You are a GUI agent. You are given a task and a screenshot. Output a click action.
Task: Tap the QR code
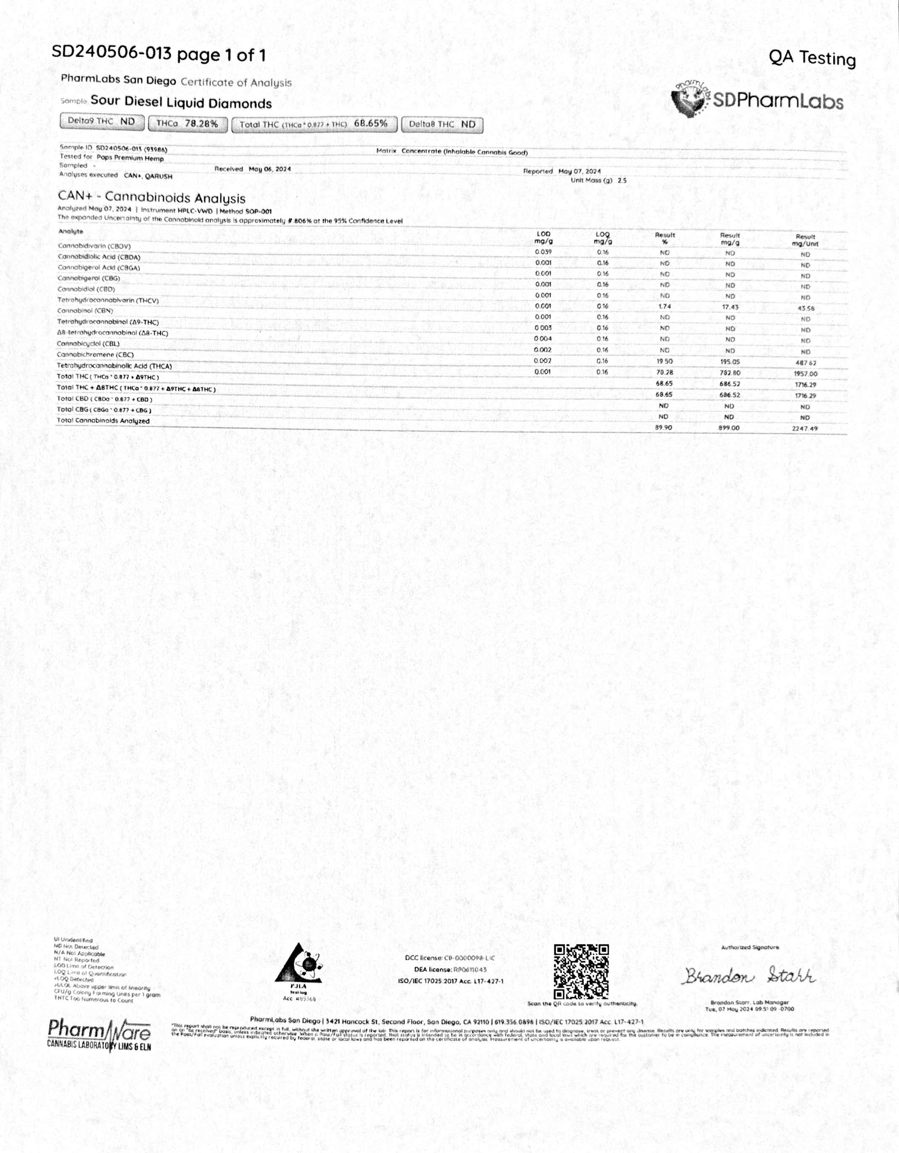tap(581, 972)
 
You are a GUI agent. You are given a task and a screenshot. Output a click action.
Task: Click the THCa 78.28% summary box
tap(188, 124)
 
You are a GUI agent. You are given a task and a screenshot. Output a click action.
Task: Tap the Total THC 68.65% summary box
tap(314, 124)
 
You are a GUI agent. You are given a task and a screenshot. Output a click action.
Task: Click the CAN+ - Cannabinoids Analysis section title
tap(152, 198)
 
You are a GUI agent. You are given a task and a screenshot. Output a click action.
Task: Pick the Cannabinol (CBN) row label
tap(85, 311)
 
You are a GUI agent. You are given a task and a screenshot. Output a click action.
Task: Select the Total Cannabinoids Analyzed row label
tap(103, 421)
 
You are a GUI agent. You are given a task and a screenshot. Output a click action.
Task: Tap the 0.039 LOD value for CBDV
tap(543, 252)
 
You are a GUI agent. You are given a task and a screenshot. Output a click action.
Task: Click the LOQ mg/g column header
tap(602, 238)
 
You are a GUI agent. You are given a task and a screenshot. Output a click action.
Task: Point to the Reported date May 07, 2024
tap(579, 171)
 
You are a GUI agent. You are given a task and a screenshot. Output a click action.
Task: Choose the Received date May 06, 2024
tap(269, 169)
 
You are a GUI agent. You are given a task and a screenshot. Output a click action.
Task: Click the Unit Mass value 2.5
tap(622, 181)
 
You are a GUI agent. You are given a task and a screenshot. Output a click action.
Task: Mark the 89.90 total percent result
tap(663, 427)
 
